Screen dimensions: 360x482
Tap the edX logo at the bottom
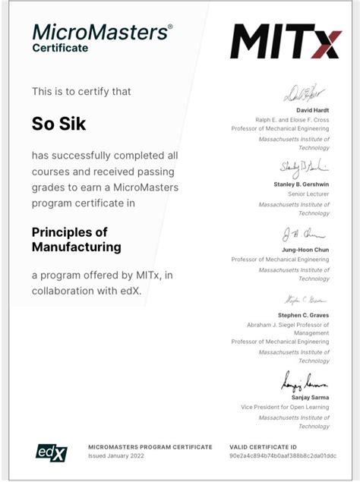click(52, 452)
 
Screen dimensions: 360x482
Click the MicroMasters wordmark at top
click(102, 32)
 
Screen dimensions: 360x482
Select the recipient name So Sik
click(58, 123)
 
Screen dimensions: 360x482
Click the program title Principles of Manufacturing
click(76, 239)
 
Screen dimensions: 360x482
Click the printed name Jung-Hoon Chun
click(305, 250)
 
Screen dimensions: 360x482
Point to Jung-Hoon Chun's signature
click(304, 234)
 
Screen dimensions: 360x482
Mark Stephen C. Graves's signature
click(304, 299)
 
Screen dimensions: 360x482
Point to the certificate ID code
click(283, 457)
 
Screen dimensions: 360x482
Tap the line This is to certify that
click(81, 91)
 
